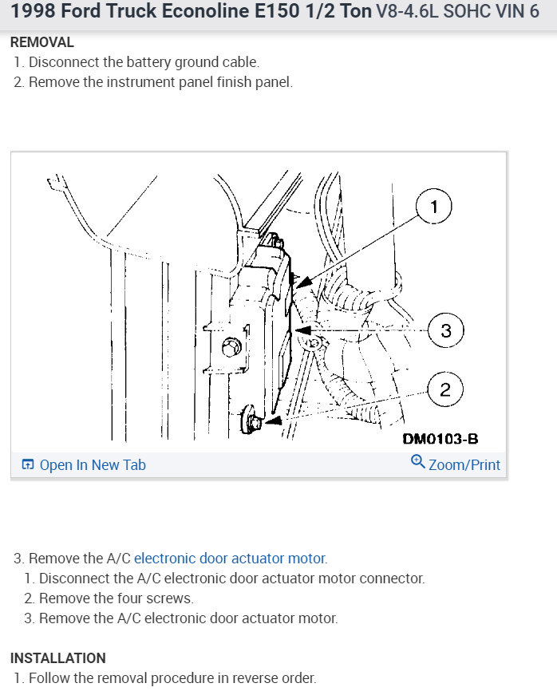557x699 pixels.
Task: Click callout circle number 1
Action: [434, 207]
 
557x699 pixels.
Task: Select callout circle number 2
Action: [445, 389]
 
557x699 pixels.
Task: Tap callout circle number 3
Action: [445, 330]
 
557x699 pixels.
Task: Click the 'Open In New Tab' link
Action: [93, 464]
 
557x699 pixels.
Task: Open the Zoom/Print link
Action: [464, 464]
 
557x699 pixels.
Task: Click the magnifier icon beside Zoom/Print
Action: [417, 463]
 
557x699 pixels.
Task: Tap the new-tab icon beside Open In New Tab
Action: [28, 464]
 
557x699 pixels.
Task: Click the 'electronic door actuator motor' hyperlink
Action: [230, 559]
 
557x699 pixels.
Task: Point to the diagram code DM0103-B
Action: [440, 439]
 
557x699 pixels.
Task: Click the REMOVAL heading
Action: [41, 42]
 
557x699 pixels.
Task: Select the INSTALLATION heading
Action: [57, 658]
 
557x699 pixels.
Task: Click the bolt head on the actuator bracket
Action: [232, 347]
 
